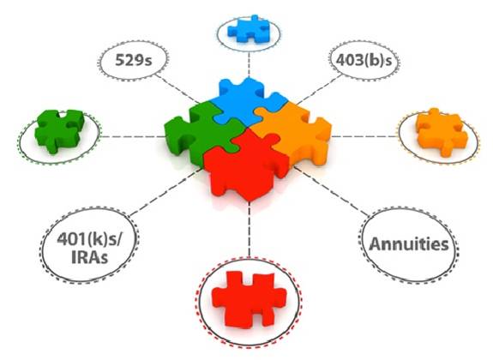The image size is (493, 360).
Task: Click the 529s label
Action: point(133,60)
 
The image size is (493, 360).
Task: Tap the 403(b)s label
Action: point(364,60)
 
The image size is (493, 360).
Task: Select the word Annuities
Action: point(409,244)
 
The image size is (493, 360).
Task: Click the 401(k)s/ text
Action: point(88,240)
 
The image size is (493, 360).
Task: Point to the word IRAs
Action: point(90,257)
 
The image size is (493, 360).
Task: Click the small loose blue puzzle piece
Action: point(249,28)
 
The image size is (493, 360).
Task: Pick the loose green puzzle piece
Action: point(60,131)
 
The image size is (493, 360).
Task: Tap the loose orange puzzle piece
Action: point(441,132)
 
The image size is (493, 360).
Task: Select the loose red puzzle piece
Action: point(249,297)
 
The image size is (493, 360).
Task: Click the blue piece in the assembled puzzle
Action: point(245,100)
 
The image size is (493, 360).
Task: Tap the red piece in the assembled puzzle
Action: point(247,166)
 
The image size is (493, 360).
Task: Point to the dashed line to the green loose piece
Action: point(132,137)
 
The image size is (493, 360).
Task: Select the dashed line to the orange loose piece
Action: point(365,137)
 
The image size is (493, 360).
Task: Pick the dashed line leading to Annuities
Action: point(330,191)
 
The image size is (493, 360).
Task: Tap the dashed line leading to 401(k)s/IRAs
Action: point(165,192)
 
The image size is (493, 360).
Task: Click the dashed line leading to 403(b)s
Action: point(318,90)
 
